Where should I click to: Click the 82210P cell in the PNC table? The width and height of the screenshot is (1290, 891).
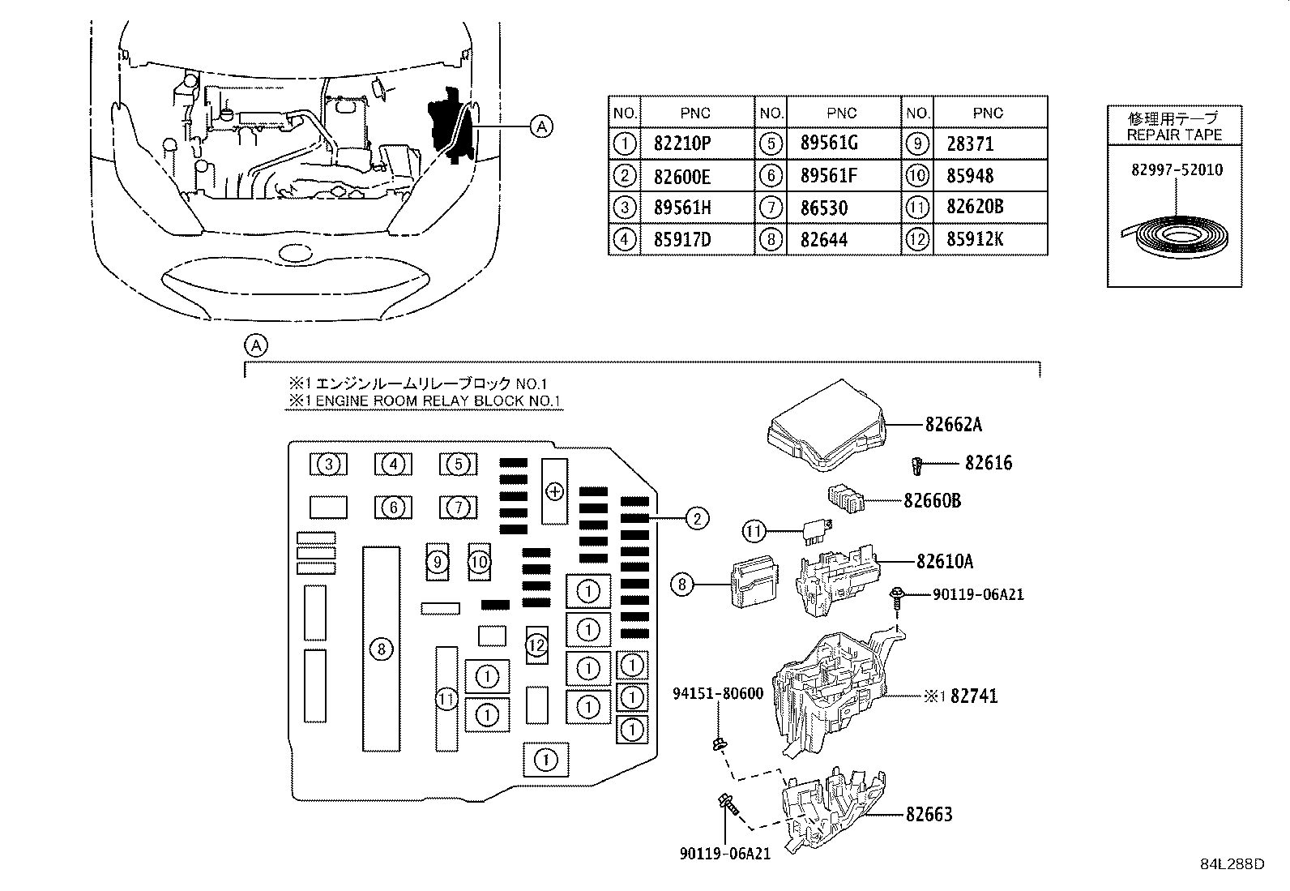pyautogui.click(x=681, y=144)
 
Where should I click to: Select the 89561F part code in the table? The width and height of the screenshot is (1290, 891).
pyautogui.click(x=829, y=176)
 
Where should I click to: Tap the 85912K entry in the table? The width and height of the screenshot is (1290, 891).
pyautogui.click(x=975, y=238)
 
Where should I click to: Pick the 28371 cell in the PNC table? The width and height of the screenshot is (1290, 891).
pyautogui.click(x=971, y=144)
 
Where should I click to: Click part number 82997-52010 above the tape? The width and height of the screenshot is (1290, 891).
pyautogui.click(x=1177, y=169)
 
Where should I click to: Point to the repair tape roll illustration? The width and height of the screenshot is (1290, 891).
pyautogui.click(x=1175, y=237)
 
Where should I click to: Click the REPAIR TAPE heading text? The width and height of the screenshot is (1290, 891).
pyautogui.click(x=1174, y=135)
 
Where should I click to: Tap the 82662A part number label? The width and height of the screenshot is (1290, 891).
pyautogui.click(x=954, y=424)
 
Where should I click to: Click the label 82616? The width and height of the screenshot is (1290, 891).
pyautogui.click(x=989, y=463)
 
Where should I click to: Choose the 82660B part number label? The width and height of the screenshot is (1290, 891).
pyautogui.click(x=933, y=500)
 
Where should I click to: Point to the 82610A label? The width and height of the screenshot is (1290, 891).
pyautogui.click(x=945, y=561)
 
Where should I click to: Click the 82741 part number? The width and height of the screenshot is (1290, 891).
pyautogui.click(x=974, y=696)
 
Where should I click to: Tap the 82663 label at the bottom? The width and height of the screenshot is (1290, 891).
pyautogui.click(x=929, y=814)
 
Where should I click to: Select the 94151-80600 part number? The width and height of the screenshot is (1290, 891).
pyautogui.click(x=718, y=693)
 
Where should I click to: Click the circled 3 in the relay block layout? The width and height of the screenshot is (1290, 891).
pyautogui.click(x=329, y=464)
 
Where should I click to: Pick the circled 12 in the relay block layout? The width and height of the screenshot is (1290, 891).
pyautogui.click(x=536, y=645)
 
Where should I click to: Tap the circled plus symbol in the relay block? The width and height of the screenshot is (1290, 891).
pyautogui.click(x=554, y=491)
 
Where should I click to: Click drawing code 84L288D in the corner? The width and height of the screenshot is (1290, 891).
pyautogui.click(x=1232, y=864)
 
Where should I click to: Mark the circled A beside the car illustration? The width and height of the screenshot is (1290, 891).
pyautogui.click(x=541, y=126)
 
